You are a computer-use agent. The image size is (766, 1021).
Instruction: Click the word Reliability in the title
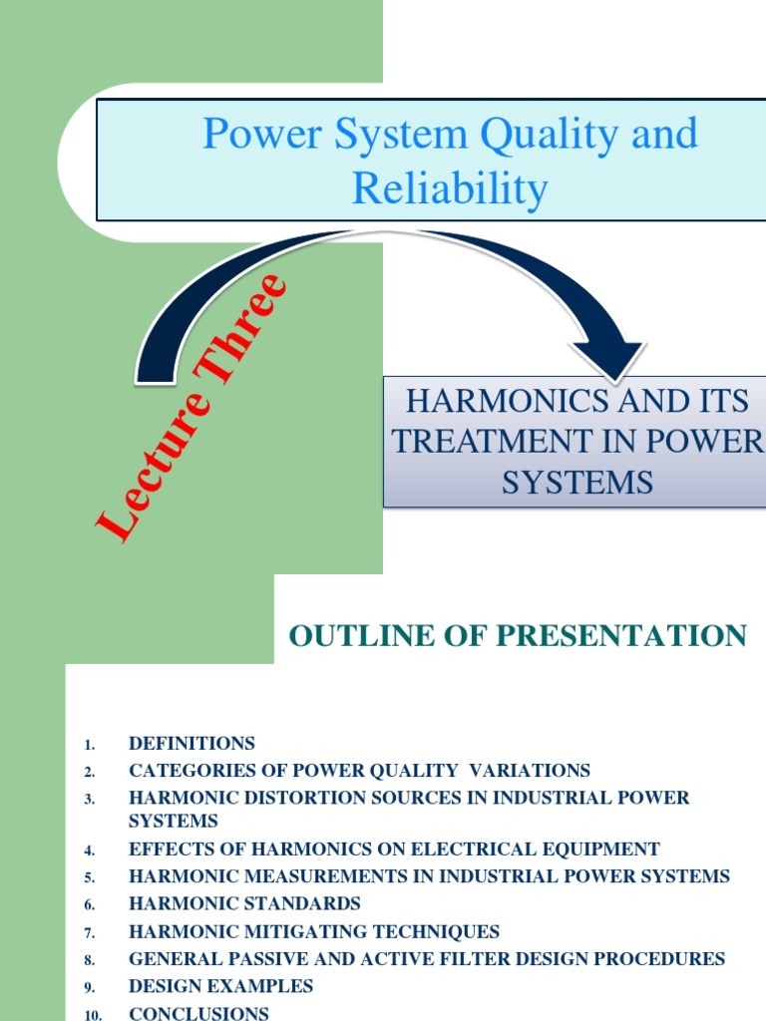[x=450, y=187]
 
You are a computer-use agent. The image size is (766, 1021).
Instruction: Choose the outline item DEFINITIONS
[x=191, y=743]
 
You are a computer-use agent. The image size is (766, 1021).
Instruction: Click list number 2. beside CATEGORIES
[x=89, y=772]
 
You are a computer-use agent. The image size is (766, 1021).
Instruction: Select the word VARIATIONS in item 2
[x=536, y=771]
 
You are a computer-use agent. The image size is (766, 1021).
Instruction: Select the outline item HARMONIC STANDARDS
[x=244, y=903]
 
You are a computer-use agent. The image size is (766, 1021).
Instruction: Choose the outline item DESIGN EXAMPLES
[x=220, y=986]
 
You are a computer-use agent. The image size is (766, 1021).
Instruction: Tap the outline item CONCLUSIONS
[x=198, y=1013]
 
